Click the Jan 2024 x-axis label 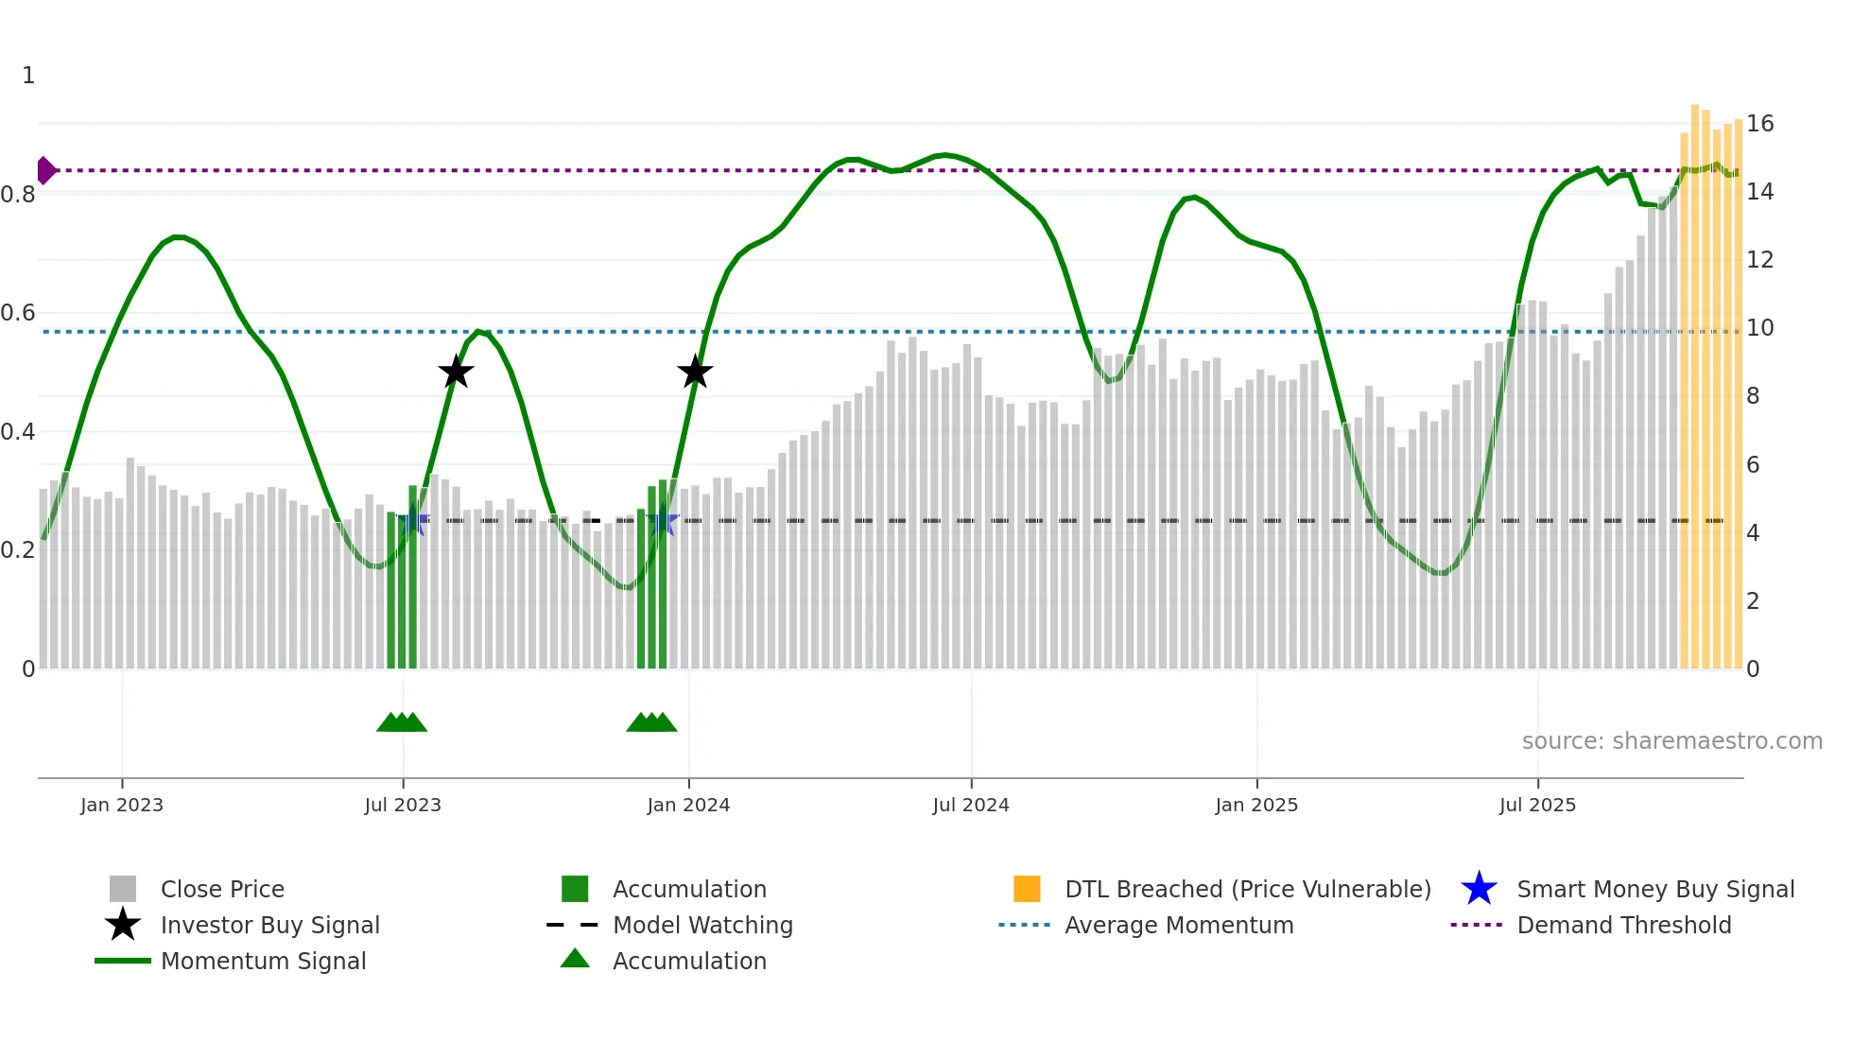point(688,805)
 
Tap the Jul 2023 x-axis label point(403,805)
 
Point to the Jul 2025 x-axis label point(1537,805)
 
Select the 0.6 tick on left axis point(19,313)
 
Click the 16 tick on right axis point(1759,124)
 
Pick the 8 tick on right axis point(1753,396)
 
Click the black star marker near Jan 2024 point(695,373)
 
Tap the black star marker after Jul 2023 point(456,373)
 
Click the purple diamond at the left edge point(45,170)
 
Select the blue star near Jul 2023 point(412,521)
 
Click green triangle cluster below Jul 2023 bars point(402,722)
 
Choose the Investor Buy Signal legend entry point(269,925)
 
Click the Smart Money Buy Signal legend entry point(1654,889)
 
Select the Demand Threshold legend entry point(1623,925)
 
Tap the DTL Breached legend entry point(1247,889)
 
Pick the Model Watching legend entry point(701,925)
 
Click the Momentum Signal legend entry point(263,961)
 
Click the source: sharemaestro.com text point(1671,741)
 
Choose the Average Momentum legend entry point(1178,925)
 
